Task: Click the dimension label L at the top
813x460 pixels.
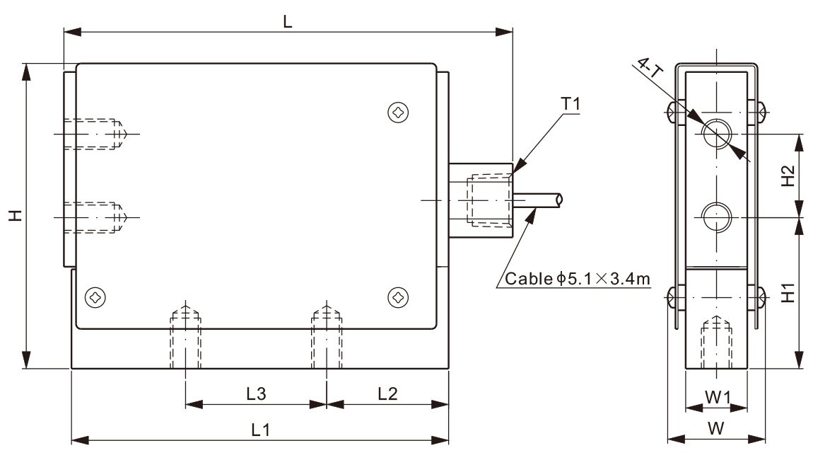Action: [288, 21]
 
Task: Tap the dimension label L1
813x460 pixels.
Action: [260, 429]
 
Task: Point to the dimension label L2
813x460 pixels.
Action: [387, 393]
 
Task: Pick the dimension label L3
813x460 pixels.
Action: [256, 393]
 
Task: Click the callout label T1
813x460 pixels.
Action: [571, 103]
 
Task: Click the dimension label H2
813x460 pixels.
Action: [788, 175]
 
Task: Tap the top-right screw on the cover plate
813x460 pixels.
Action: [399, 112]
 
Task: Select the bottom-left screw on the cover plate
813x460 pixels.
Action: [94, 298]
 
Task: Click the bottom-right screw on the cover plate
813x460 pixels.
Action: [399, 298]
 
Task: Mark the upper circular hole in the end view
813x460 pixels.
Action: [717, 132]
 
